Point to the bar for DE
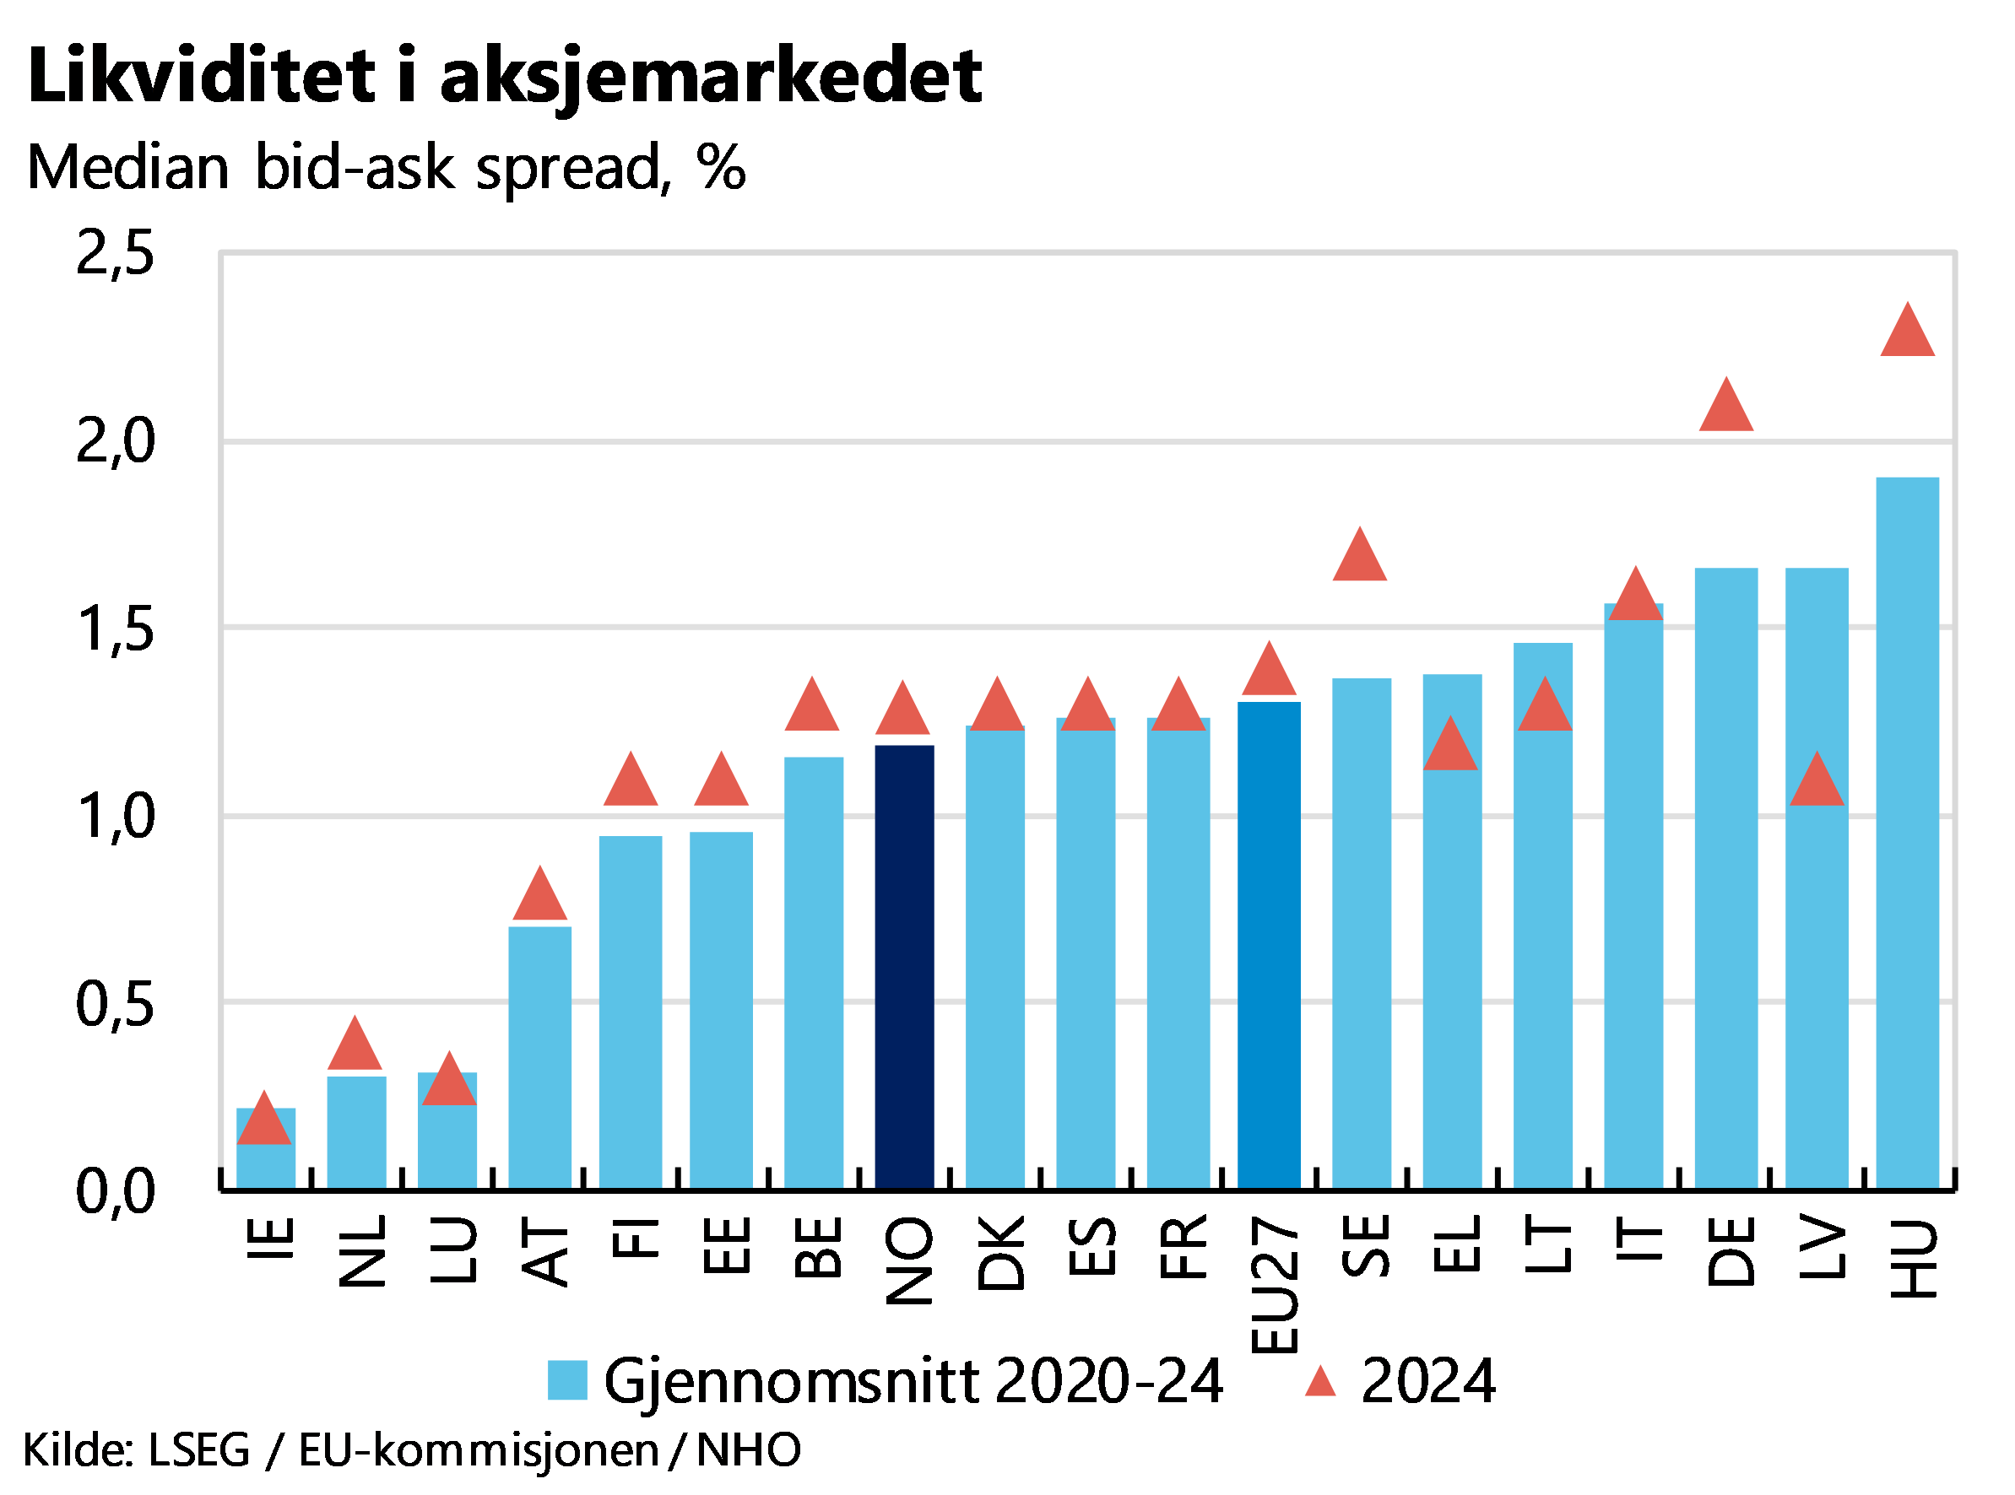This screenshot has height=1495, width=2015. point(1725,877)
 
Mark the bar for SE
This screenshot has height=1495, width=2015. point(1361,932)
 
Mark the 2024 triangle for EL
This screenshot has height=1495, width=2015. point(1450,748)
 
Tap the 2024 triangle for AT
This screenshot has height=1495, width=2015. point(539,898)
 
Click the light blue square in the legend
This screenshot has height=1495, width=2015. point(567,1380)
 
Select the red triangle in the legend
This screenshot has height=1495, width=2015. point(1319,1383)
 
